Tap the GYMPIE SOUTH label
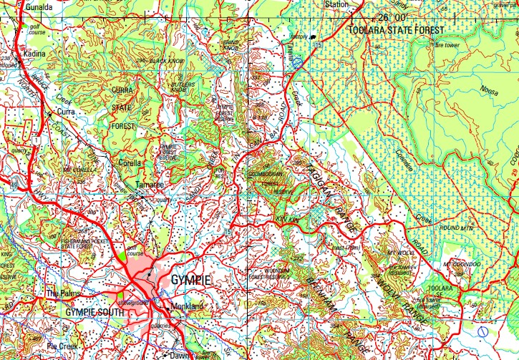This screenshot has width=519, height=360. [x=90, y=313]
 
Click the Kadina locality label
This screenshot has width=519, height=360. [x=34, y=54]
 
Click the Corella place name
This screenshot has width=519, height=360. [x=130, y=162]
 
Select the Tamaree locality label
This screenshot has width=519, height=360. [x=150, y=185]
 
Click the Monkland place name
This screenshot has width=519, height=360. [x=188, y=306]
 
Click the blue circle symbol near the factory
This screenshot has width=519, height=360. [x=297, y=63]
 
